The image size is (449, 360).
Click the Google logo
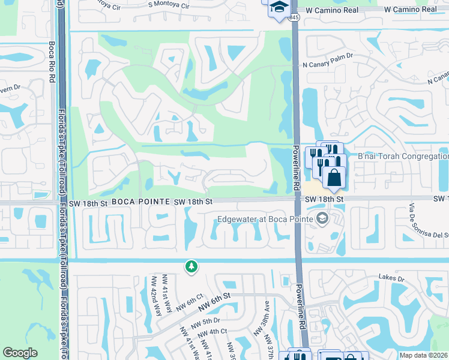pyautogui.click(x=20, y=353)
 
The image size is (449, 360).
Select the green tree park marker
pyautogui.click(x=191, y=266)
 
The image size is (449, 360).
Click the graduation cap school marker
pyautogui.click(x=279, y=8)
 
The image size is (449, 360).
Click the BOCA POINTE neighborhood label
pyautogui.click(x=140, y=202)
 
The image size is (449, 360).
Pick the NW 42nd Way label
pyautogui.click(x=155, y=296)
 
